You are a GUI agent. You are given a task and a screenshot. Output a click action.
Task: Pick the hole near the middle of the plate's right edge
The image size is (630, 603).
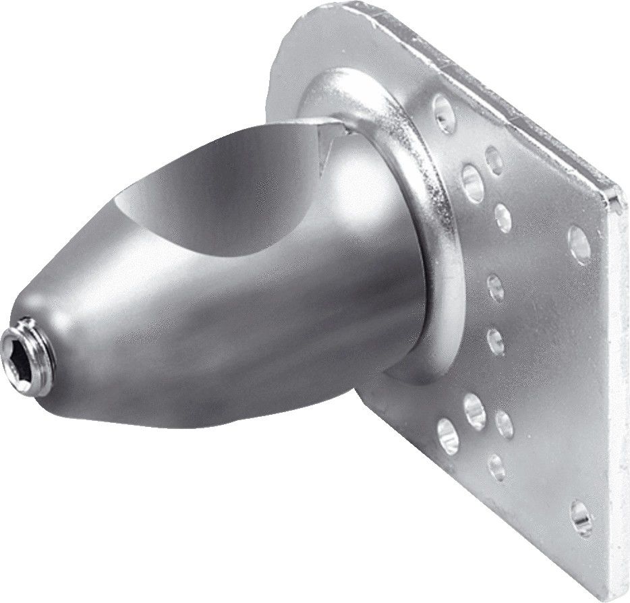579,237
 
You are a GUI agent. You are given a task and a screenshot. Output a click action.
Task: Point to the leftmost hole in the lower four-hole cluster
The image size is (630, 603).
445,430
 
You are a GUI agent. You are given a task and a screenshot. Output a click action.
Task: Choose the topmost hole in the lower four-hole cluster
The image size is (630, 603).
475,407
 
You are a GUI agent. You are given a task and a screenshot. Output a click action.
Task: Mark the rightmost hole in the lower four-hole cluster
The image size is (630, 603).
504,423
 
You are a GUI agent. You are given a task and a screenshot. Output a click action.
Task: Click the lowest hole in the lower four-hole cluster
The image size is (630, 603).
496,465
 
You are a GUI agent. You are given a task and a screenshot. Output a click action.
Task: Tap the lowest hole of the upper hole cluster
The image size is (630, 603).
503,217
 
